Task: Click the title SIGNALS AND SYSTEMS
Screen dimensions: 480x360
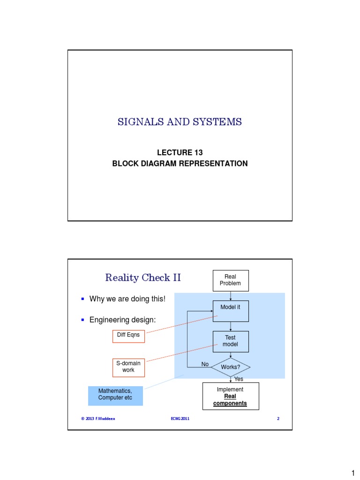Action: [180, 122]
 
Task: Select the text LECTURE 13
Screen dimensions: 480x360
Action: [180, 153]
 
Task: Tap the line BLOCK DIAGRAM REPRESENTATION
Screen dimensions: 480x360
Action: [180, 164]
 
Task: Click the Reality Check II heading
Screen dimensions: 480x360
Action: [143, 278]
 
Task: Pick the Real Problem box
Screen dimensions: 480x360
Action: [230, 280]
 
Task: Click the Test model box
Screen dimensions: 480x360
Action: [230, 341]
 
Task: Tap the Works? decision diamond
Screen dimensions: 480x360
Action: [230, 367]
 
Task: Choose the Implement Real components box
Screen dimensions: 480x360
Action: [231, 396]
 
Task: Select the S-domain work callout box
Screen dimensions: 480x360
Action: [128, 367]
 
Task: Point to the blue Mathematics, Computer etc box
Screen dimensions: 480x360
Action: [115, 394]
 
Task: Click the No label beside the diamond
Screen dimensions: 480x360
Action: [205, 364]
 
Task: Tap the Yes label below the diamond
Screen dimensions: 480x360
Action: [239, 379]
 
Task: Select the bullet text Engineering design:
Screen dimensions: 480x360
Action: [122, 320]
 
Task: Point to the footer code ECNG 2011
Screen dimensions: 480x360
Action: [180, 419]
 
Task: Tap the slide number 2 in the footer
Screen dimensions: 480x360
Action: [278, 419]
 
